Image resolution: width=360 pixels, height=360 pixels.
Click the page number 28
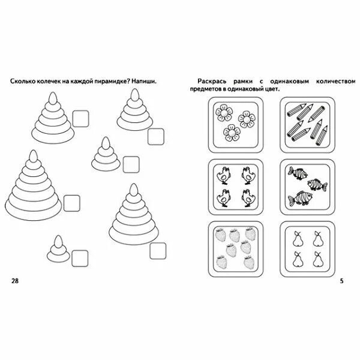point(15,281)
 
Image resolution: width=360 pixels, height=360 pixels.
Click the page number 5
point(341,281)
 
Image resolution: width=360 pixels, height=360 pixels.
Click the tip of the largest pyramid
point(32,157)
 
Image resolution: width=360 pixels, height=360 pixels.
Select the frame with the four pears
point(305,248)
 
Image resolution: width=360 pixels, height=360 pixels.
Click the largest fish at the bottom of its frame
point(299,197)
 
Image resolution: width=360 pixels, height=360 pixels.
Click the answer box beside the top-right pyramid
point(156,137)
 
